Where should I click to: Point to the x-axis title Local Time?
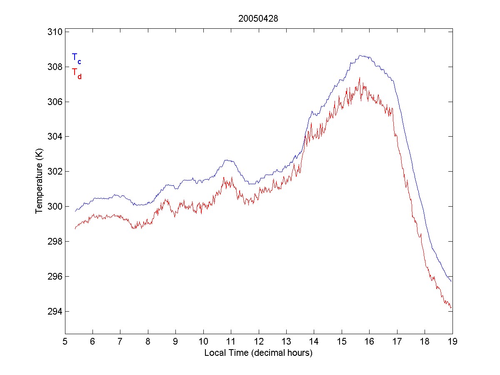[258, 353]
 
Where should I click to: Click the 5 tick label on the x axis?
[65, 342]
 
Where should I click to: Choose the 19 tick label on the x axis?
[452, 342]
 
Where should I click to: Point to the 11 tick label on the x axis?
[231, 342]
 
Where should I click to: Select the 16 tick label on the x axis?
[369, 342]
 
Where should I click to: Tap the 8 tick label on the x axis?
[148, 342]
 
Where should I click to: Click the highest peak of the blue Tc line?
[361, 55]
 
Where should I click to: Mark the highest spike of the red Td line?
[359, 77]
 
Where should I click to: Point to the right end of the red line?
[451, 308]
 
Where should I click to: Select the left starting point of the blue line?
[75, 212]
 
